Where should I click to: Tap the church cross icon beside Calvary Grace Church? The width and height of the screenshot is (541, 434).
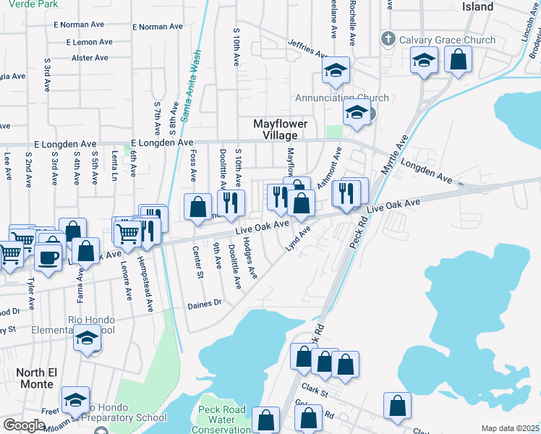click(388, 39)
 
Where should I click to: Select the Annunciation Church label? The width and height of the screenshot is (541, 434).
click(341, 98)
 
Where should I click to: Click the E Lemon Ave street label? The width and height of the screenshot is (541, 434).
click(90, 43)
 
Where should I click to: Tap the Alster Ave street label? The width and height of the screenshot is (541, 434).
click(90, 58)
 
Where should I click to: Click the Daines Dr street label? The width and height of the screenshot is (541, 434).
click(203, 305)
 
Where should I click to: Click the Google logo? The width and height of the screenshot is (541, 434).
click(24, 425)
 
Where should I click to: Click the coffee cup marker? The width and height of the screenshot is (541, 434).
click(48, 258)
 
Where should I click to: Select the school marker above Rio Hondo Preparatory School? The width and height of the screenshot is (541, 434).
click(75, 399)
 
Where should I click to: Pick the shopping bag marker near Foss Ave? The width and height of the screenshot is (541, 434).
click(198, 207)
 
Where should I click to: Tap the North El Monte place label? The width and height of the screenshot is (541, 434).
click(35, 378)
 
